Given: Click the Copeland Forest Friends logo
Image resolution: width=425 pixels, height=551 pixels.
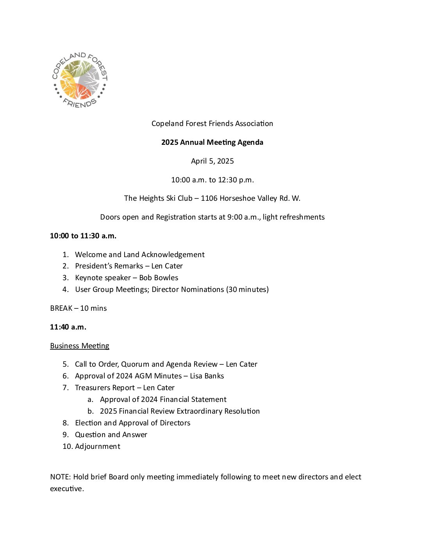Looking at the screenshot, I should pyautogui.click(x=80, y=80).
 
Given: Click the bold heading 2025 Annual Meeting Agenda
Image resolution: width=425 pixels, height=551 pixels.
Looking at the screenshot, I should pyautogui.click(x=212, y=142).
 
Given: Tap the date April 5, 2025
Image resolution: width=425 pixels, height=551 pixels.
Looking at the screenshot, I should pyautogui.click(x=212, y=161).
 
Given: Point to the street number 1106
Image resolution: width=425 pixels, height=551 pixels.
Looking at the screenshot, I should pyautogui.click(x=209, y=198).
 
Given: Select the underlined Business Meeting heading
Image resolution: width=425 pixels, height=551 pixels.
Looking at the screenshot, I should pyautogui.click(x=80, y=346).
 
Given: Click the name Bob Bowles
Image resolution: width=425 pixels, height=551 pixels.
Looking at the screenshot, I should pyautogui.click(x=159, y=278).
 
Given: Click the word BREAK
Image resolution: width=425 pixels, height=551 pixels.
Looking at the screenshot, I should pyautogui.click(x=61, y=308).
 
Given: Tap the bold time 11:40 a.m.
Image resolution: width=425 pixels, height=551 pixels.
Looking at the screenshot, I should pyautogui.click(x=68, y=327).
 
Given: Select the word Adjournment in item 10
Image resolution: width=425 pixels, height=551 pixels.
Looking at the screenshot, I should pyautogui.click(x=98, y=447).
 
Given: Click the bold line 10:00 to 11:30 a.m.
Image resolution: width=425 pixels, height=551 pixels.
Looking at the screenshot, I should pyautogui.click(x=83, y=236).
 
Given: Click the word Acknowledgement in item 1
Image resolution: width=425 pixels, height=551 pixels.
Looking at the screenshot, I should pyautogui.click(x=173, y=255).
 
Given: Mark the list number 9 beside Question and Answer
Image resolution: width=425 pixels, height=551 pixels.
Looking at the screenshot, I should pyautogui.click(x=65, y=435).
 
